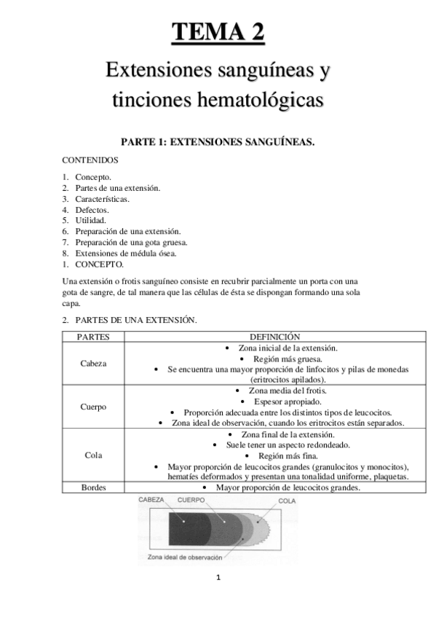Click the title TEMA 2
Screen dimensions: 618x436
point(218,33)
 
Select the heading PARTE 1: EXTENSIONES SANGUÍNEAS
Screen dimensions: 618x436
point(218,142)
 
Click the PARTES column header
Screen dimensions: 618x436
point(92,337)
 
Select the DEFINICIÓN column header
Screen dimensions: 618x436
point(274,337)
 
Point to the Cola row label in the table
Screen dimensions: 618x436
point(92,455)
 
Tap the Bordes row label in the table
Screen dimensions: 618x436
point(92,488)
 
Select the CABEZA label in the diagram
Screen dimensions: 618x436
point(151,500)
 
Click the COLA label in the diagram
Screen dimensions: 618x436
point(287,502)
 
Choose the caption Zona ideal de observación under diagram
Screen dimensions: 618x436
point(185,557)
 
